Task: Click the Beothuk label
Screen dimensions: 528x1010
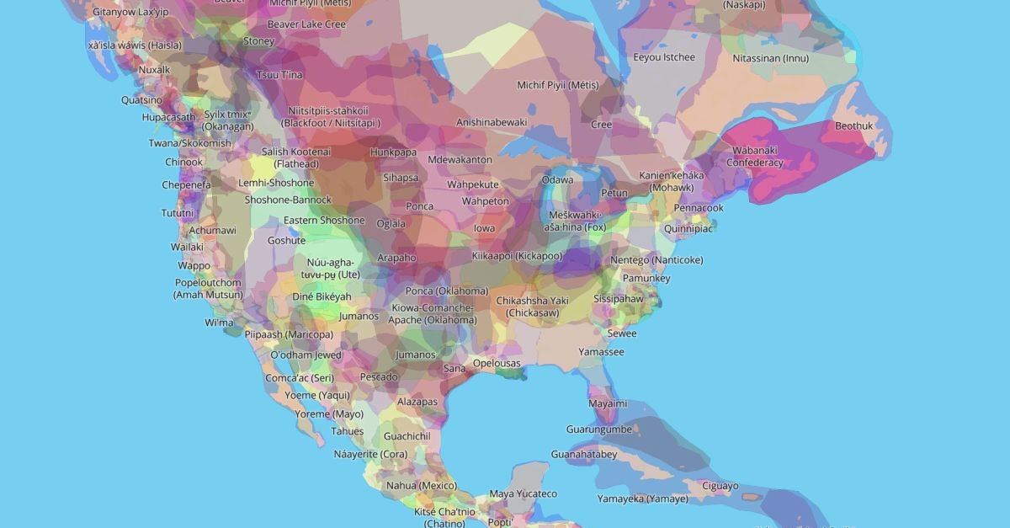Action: (x=853, y=126)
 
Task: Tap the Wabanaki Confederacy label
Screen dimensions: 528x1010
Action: (x=754, y=157)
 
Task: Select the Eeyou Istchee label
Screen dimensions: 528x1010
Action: (x=664, y=57)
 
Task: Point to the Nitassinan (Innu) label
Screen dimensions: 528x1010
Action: (x=770, y=59)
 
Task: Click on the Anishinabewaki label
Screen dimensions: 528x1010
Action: (x=492, y=122)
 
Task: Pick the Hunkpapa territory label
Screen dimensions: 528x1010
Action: (x=393, y=152)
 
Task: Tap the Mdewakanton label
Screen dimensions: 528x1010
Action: (x=460, y=160)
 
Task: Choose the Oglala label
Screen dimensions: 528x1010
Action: (x=391, y=223)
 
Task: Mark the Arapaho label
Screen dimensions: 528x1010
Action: (x=396, y=258)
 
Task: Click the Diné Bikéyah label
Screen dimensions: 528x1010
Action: (x=322, y=297)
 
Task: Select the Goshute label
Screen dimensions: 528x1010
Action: (x=286, y=240)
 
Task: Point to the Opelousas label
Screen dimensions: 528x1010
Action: (x=497, y=364)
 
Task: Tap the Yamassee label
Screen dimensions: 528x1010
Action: (x=601, y=352)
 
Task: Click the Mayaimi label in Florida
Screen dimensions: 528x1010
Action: (x=607, y=403)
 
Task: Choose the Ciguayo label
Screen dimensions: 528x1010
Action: (x=720, y=486)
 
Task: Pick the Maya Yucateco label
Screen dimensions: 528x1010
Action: (x=524, y=493)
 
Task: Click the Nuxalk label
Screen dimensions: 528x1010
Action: (x=154, y=70)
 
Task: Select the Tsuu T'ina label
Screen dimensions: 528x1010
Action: (x=279, y=75)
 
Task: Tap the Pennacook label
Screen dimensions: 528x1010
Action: (x=698, y=208)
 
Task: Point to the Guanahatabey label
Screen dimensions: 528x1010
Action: (x=584, y=455)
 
